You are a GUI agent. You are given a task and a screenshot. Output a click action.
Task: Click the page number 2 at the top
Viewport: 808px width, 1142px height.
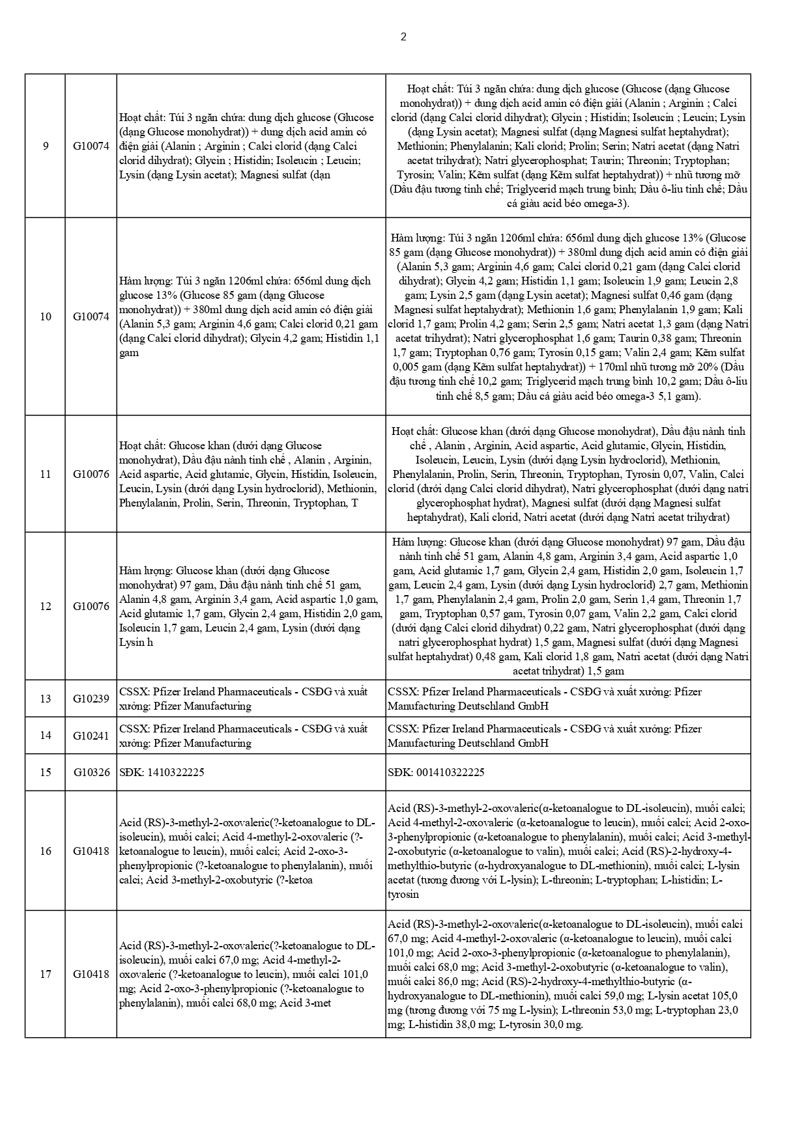[403, 37]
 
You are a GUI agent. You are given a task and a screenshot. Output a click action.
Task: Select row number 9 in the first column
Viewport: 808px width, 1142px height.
[46, 146]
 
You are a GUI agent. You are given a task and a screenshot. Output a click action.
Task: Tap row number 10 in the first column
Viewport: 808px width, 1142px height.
[46, 317]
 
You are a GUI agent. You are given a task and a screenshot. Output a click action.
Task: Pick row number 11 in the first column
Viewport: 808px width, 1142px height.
[46, 474]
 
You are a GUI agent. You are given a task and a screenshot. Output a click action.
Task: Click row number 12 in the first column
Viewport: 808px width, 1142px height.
[46, 606]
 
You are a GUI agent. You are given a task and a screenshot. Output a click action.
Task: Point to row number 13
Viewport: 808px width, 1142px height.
[46, 699]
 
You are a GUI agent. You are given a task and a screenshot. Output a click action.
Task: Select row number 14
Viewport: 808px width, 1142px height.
[46, 736]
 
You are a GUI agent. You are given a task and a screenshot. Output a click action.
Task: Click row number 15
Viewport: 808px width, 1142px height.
[46, 772]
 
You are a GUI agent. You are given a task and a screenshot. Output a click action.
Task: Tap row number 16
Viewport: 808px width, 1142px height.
[46, 851]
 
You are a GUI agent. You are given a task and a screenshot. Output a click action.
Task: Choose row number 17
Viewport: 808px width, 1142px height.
[46, 975]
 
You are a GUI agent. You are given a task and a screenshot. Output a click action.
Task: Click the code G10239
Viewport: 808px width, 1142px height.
[91, 699]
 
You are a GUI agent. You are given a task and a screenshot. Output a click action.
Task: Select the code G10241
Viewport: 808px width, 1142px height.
[91, 736]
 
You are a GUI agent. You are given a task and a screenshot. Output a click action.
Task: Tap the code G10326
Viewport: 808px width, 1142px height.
[91, 772]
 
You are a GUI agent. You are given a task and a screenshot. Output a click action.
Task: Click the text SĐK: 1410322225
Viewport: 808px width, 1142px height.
[162, 772]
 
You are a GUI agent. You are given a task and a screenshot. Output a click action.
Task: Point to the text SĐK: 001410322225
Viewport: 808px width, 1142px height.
[436, 772]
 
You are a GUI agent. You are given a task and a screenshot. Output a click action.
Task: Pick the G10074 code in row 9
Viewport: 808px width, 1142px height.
[91, 146]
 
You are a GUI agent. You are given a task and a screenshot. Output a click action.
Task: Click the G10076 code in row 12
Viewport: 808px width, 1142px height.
[91, 606]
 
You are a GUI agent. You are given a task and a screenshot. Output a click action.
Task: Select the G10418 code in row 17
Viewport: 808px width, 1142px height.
[91, 975]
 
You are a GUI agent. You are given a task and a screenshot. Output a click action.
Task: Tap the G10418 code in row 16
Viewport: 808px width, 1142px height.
[91, 851]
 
